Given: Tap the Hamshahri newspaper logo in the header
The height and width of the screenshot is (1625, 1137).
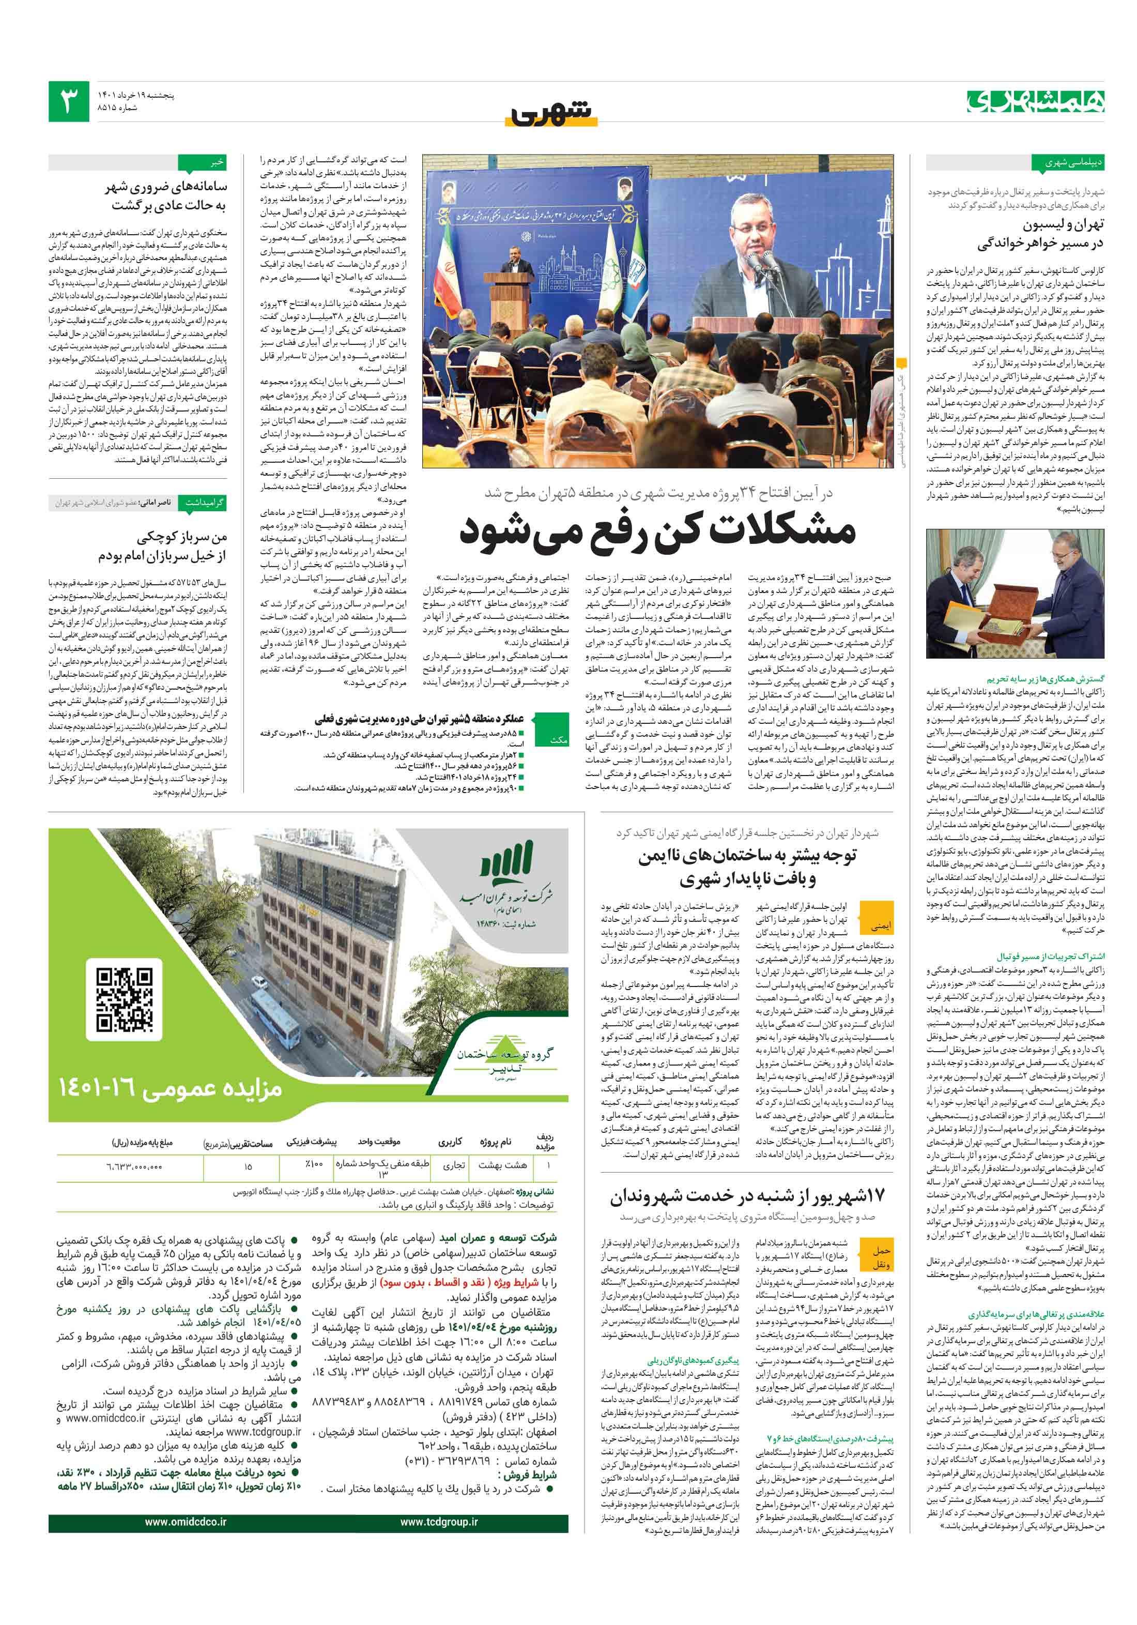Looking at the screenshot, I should click(1035, 101).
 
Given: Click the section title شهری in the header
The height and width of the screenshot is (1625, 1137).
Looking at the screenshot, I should click(550, 111).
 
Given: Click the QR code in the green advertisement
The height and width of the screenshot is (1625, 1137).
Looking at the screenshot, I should click(125, 999).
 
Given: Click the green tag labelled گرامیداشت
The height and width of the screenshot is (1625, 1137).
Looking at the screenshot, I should click(204, 503).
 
